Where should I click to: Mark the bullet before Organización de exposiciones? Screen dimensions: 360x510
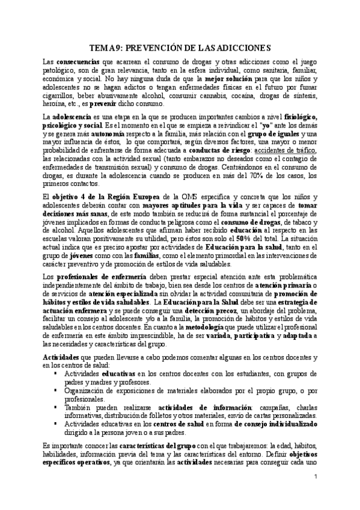click(56, 387)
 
